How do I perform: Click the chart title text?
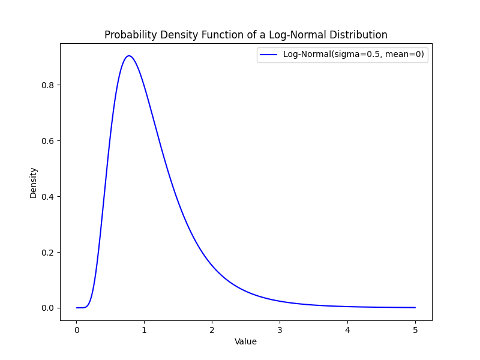coord(246,35)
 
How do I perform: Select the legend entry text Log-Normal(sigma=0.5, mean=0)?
coord(353,55)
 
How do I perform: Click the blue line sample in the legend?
coord(269,55)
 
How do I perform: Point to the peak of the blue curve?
coord(128,56)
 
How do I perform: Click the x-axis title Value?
coord(245,341)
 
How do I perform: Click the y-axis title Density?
coord(34,182)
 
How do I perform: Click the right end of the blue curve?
coord(415,307)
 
